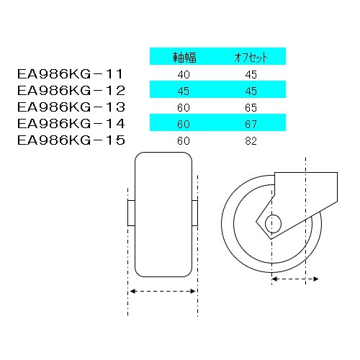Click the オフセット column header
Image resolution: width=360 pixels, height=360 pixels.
248,56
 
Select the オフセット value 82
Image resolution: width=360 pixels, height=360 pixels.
248,140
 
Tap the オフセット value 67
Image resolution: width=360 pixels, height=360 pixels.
248,123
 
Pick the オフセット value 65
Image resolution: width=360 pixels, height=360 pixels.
248,107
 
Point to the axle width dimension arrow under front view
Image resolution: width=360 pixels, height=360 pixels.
163,291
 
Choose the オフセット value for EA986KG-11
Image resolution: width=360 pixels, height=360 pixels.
248,73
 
